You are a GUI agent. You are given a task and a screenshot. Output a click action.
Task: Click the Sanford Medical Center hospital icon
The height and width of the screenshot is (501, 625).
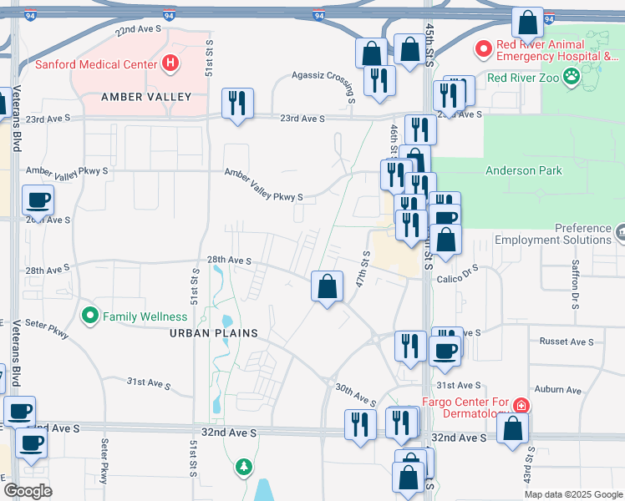coord(170,63)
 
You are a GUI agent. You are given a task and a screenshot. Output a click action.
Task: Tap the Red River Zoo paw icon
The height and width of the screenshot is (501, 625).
coord(572,78)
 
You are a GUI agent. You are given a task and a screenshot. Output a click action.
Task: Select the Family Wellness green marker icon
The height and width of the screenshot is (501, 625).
coord(90,316)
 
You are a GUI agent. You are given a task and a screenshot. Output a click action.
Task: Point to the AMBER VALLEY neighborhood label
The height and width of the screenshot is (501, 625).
coord(146,97)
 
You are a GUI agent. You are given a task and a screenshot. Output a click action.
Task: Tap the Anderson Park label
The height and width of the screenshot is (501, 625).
coord(524,171)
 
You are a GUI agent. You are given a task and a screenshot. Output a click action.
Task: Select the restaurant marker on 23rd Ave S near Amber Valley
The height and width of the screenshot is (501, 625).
coord(237,104)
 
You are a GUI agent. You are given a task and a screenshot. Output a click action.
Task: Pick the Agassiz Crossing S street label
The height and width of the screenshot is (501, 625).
coord(323,75)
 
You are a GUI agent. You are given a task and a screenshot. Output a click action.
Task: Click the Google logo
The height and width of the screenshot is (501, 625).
coord(28,490)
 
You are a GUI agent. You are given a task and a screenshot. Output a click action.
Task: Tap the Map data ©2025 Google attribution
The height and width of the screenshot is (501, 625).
coord(572,494)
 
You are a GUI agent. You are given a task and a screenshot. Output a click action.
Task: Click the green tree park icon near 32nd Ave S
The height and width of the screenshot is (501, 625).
coord(243,466)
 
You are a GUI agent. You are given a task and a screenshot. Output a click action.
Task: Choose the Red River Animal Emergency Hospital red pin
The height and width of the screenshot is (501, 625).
coord(483,48)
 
